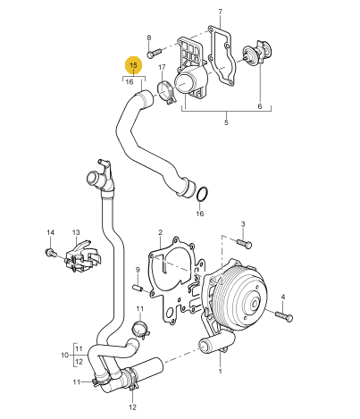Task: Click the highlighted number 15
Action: click(133, 65)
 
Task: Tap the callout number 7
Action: click(220, 12)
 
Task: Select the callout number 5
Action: click(226, 122)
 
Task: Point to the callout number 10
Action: click(65, 355)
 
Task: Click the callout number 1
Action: click(220, 372)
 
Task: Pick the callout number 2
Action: click(160, 232)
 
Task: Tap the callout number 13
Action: click(76, 232)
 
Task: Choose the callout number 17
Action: click(162, 68)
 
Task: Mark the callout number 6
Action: click(260, 106)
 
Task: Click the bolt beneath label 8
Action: click(154, 53)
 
